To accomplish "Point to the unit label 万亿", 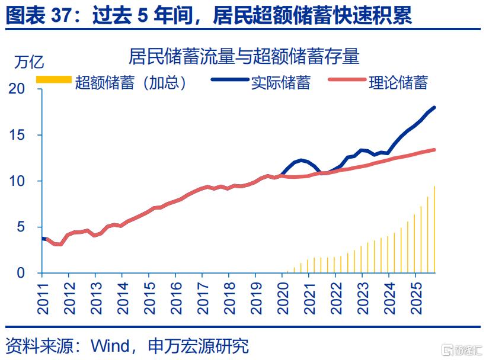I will [29, 62].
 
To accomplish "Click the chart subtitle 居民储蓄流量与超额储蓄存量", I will [244, 57].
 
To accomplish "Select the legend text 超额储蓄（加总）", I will [131, 82].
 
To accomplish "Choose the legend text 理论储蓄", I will [398, 82].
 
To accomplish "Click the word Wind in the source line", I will [110, 346].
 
